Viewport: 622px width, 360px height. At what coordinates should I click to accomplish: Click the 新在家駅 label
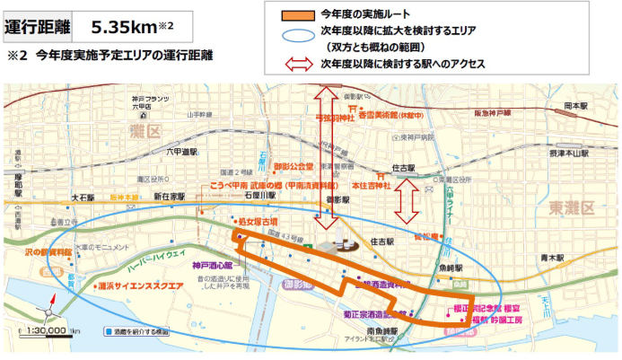click(169, 196)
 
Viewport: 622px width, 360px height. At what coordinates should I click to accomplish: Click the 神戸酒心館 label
click(212, 266)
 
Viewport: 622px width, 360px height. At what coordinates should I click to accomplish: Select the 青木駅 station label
click(551, 257)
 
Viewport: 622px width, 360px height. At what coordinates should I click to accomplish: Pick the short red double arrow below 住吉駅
click(408, 200)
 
